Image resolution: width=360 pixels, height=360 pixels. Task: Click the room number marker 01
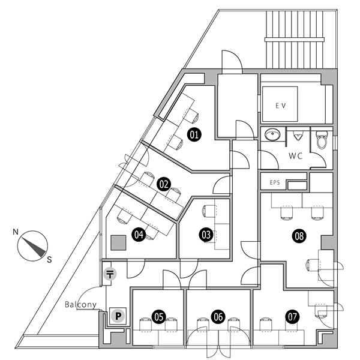[194, 134]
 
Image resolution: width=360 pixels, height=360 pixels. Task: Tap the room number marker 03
[206, 235]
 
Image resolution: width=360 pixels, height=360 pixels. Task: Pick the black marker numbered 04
[139, 234]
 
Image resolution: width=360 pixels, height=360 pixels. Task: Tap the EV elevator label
[280, 106]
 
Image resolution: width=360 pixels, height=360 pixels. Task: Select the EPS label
[275, 181]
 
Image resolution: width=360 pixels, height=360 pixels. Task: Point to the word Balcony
[81, 305]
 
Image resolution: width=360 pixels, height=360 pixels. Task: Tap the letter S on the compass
[50, 259]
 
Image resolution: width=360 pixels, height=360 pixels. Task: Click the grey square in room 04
[118, 242]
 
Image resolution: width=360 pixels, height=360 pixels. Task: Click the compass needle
[32, 245]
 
